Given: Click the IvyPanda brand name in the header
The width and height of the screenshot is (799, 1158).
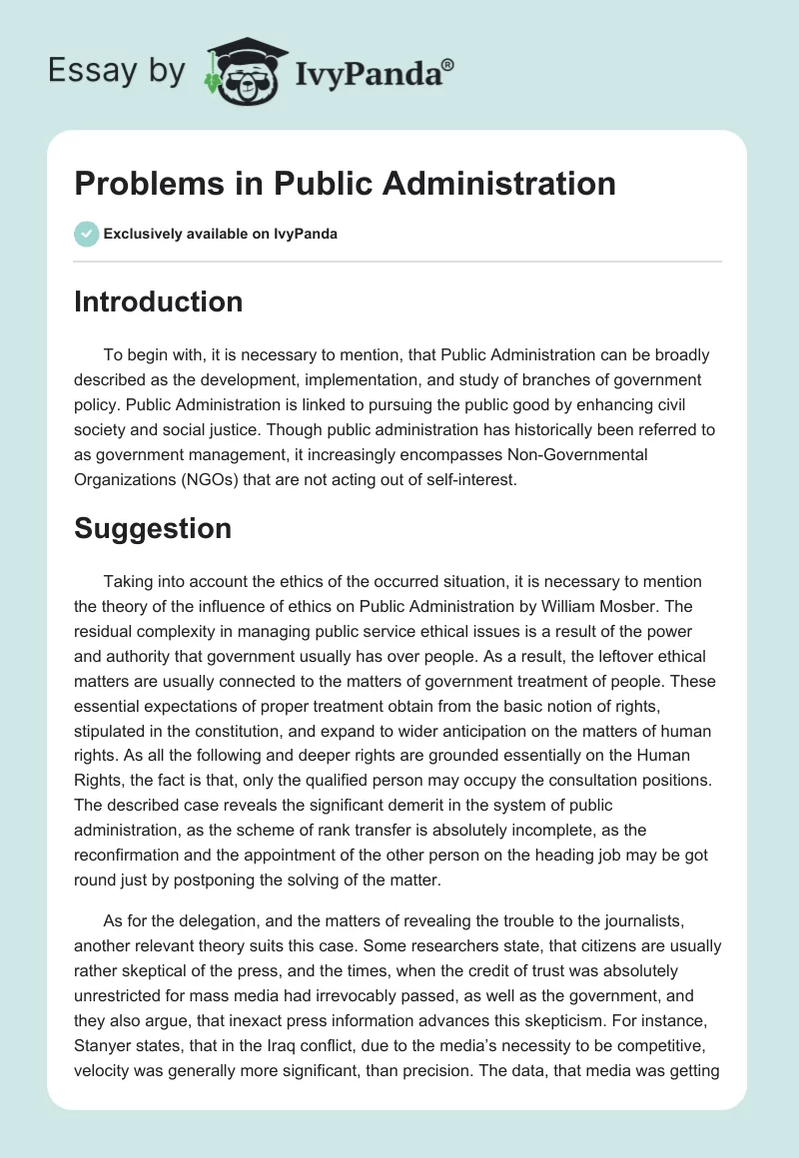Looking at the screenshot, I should pyautogui.click(x=367, y=72).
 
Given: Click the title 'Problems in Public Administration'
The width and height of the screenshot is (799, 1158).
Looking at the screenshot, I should pyautogui.click(x=345, y=184).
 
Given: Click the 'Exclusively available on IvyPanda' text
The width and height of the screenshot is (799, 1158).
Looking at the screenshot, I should pyautogui.click(x=221, y=235).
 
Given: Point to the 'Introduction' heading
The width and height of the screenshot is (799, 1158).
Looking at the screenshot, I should pyautogui.click(x=158, y=301).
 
